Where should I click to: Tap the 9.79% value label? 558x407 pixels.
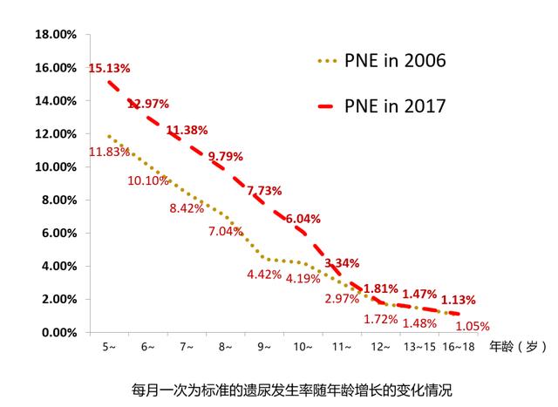point(228,159)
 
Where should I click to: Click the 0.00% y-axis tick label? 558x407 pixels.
point(58,333)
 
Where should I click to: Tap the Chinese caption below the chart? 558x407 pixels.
point(293,387)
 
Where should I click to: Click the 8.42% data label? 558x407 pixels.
point(187,208)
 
